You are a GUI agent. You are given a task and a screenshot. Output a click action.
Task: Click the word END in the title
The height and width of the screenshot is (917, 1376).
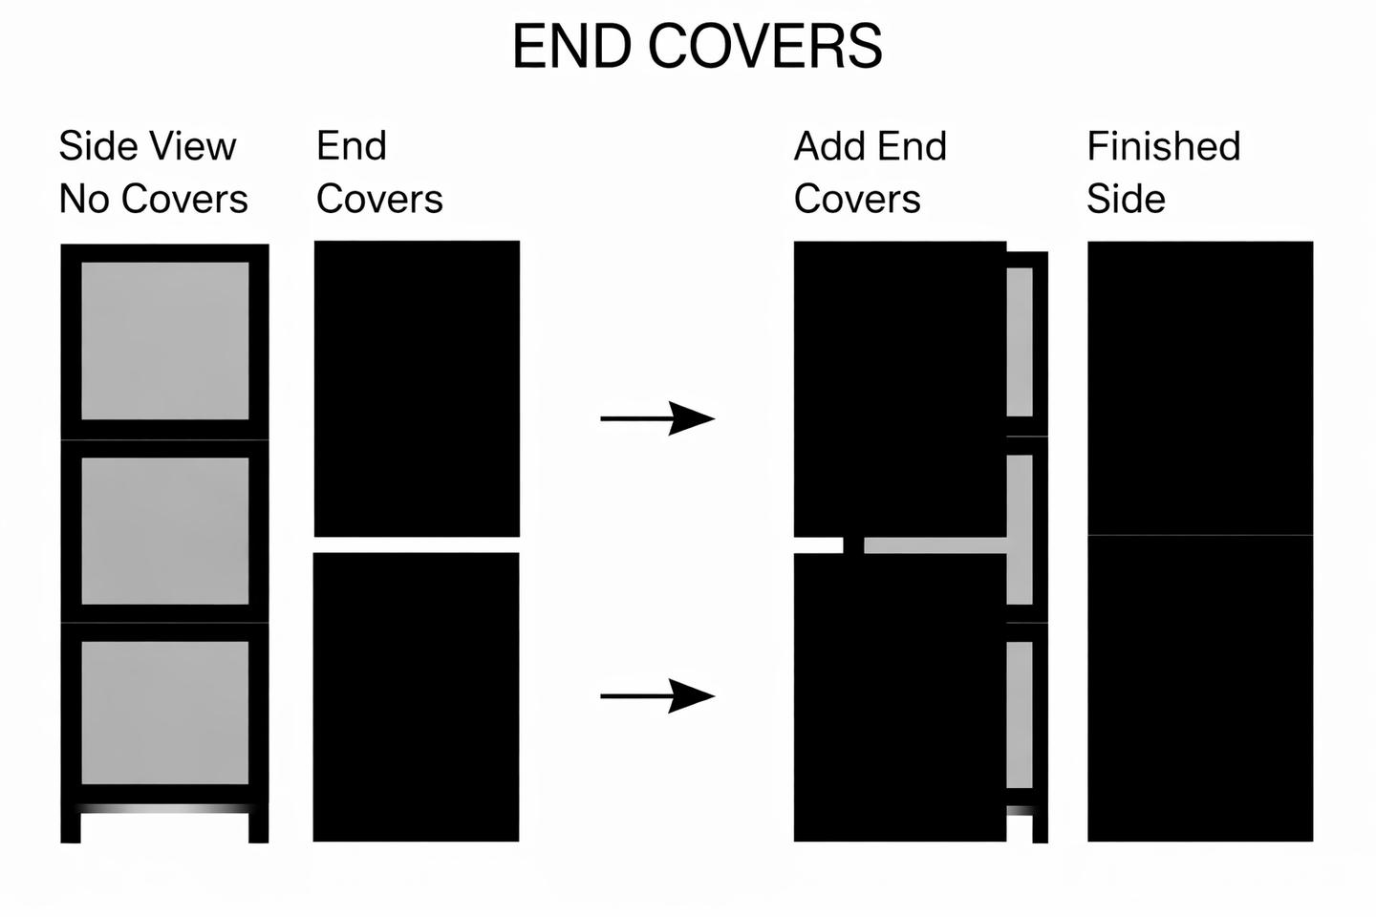point(571,46)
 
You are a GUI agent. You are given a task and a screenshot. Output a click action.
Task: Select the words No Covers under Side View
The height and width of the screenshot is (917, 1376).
point(153,199)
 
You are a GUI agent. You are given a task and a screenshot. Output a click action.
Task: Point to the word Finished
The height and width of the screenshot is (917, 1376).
point(1163,146)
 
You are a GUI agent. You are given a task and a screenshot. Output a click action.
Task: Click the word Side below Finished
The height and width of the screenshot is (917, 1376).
point(1126,199)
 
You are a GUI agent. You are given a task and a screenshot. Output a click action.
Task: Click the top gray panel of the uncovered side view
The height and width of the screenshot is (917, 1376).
point(164,340)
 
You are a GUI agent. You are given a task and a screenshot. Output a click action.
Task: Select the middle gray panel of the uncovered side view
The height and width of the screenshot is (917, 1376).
point(164,530)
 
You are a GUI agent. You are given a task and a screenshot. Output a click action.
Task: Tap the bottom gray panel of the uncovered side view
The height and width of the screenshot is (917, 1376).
point(164,712)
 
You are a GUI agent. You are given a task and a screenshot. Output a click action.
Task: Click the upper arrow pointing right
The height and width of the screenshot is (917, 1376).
point(657,417)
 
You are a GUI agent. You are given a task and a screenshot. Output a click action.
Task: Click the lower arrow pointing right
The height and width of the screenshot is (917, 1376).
point(657,695)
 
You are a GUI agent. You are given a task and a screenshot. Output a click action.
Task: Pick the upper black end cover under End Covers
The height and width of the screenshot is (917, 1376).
point(417,388)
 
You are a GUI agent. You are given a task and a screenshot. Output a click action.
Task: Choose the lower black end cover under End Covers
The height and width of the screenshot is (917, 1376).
point(417,696)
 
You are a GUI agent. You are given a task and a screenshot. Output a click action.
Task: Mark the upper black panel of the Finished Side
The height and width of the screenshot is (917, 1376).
point(1200,388)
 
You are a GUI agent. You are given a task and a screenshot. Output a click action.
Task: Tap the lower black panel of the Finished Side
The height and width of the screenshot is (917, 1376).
point(1200,688)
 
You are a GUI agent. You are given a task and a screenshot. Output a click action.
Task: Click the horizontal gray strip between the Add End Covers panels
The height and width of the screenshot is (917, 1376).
point(935,545)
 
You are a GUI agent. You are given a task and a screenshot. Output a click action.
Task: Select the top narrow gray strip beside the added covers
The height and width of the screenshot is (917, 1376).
point(1020,341)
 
